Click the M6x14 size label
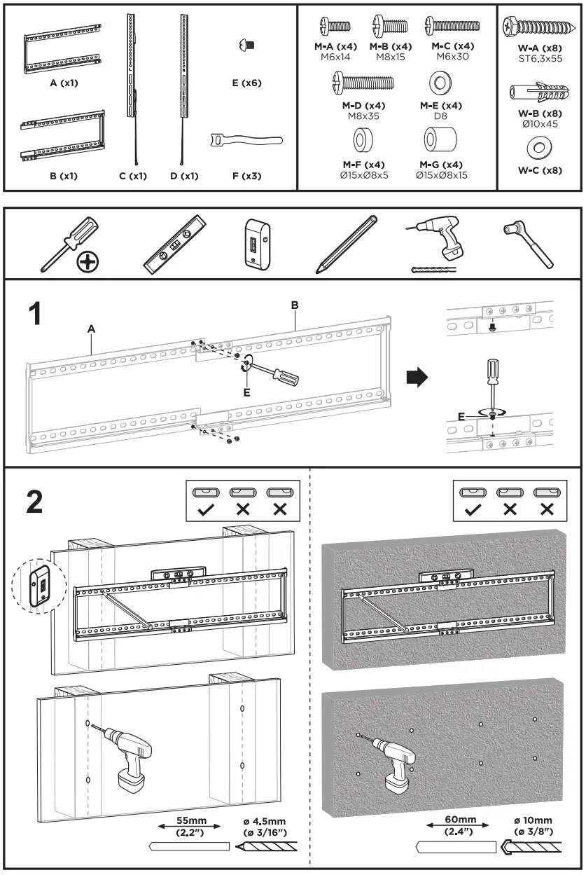pos(335,57)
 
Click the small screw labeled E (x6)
pos(246,46)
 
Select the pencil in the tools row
pos(347,243)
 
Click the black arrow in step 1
pos(419,378)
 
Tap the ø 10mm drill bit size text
pos(532,820)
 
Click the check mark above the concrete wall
pos(472,510)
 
